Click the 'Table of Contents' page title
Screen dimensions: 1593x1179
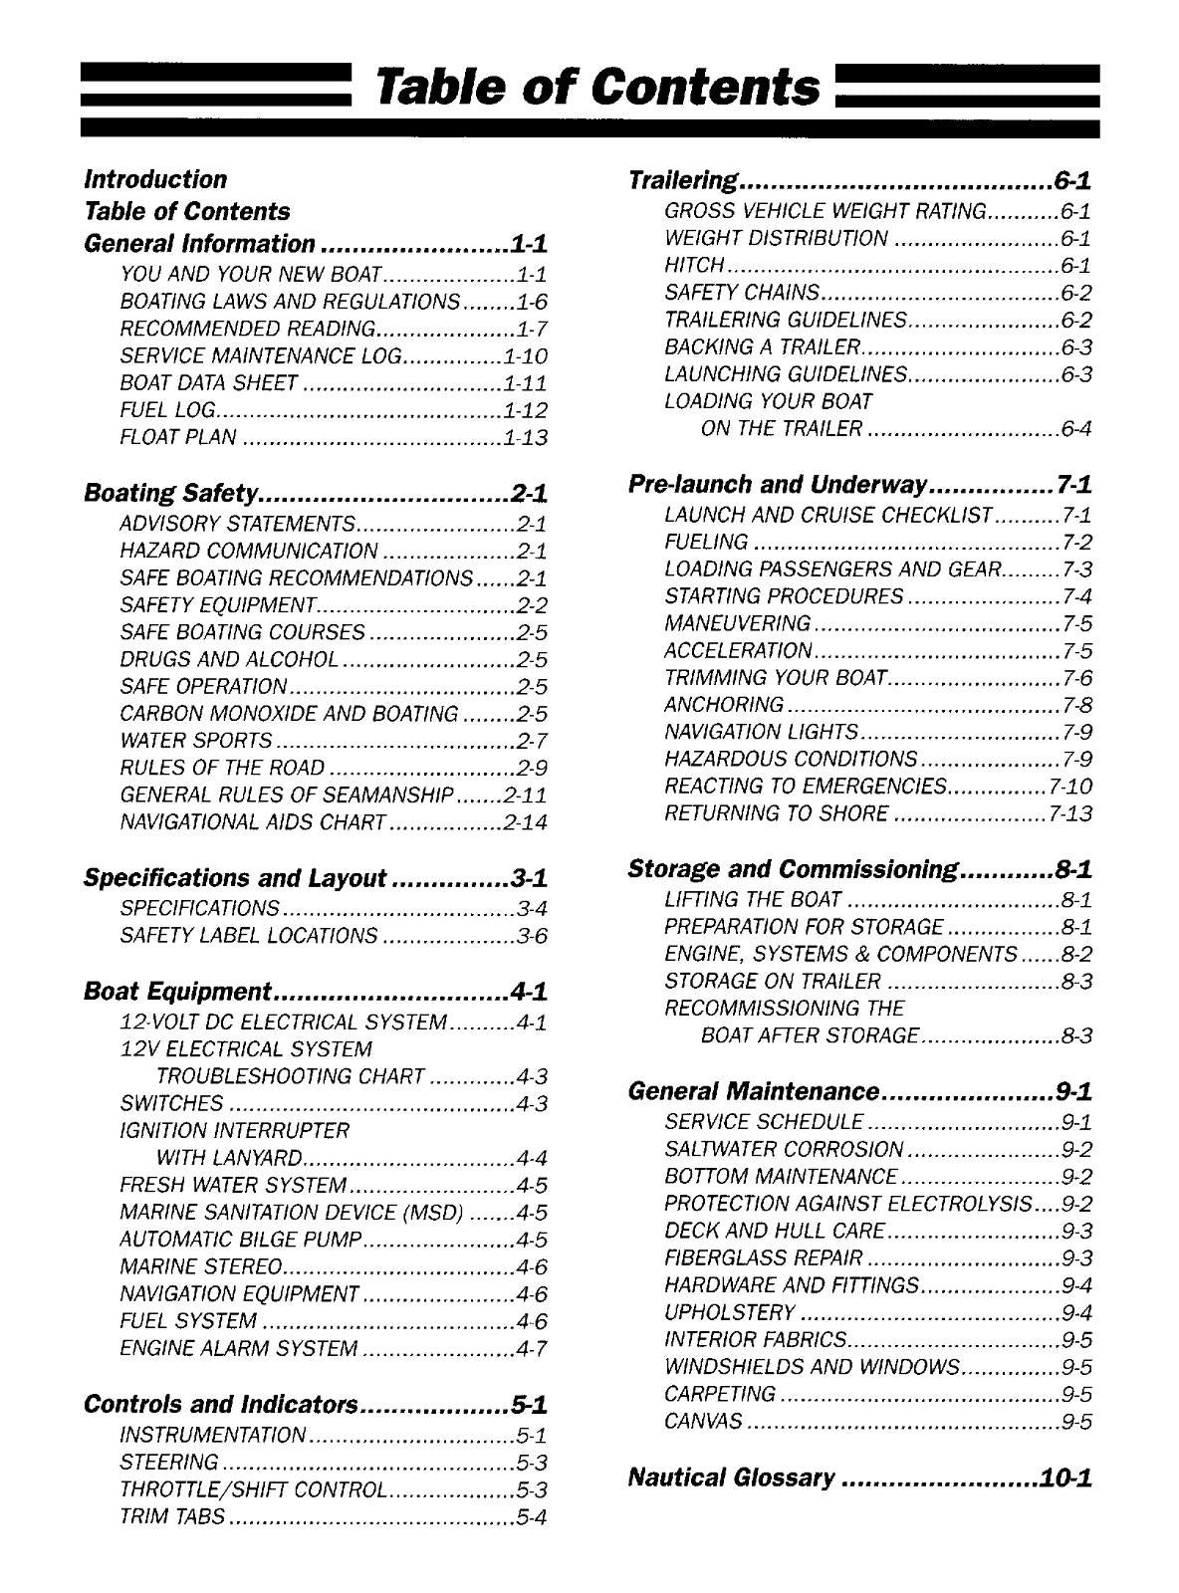pyautogui.click(x=595, y=88)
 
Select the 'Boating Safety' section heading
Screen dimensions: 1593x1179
pyautogui.click(x=172, y=493)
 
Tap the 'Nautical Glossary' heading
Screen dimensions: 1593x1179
pyautogui.click(x=731, y=1477)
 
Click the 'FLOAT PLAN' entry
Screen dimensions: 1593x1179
pyautogui.click(x=178, y=437)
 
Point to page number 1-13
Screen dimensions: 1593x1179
pyautogui.click(x=526, y=437)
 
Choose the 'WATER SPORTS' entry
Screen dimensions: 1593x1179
pyautogui.click(x=195, y=741)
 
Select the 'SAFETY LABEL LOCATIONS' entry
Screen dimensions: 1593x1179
pyautogui.click(x=249, y=936)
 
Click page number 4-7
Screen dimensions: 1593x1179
pyautogui.click(x=532, y=1348)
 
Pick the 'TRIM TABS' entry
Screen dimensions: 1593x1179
pyautogui.click(x=172, y=1517)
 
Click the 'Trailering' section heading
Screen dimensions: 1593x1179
pyautogui.click(x=683, y=181)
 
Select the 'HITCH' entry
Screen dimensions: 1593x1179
pyautogui.click(x=694, y=266)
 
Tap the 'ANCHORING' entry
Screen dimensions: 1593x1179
pyautogui.click(x=724, y=705)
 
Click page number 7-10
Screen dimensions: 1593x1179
pyautogui.click(x=1070, y=787)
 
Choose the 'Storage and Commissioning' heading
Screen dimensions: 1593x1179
pyautogui.click(x=793, y=869)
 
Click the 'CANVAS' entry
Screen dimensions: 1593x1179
pyautogui.click(x=703, y=1421)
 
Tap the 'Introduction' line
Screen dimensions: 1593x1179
pyautogui.click(x=155, y=180)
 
